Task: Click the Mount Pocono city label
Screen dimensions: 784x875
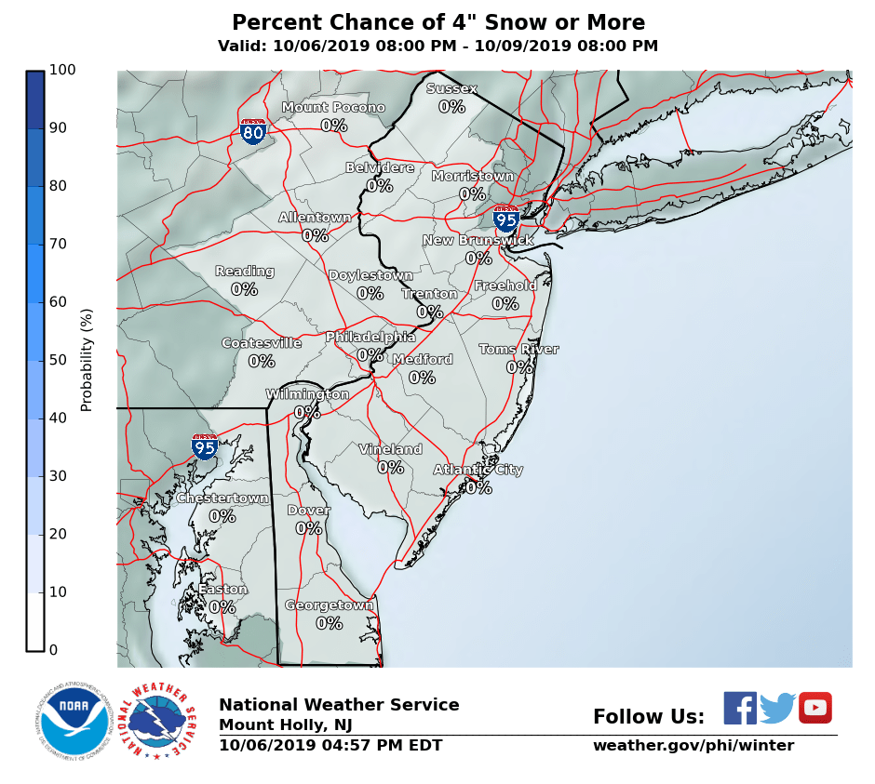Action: tap(333, 108)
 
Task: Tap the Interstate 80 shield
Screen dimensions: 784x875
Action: tap(253, 131)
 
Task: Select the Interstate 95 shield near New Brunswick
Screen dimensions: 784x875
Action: tap(505, 219)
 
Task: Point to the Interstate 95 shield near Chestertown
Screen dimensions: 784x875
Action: tap(205, 446)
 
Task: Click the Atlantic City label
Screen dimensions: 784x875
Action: tap(478, 470)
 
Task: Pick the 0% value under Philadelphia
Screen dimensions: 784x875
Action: tap(370, 355)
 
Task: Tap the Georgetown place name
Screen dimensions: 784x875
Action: tap(329, 605)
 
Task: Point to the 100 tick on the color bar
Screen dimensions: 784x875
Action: tap(63, 70)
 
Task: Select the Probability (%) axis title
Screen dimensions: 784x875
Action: tap(87, 360)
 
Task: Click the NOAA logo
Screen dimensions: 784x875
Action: tap(74, 721)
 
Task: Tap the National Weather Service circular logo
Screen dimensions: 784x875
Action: tap(162, 721)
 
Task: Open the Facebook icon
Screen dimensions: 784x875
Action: tap(740, 708)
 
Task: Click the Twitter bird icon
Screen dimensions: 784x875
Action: tap(777, 708)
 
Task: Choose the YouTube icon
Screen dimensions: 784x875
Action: tap(814, 708)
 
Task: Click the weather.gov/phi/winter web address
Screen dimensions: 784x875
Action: tap(693, 746)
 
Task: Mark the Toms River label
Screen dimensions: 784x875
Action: tap(518, 350)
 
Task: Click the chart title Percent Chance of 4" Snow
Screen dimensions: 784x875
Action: tap(437, 23)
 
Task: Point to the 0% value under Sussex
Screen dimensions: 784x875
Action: tap(451, 107)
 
